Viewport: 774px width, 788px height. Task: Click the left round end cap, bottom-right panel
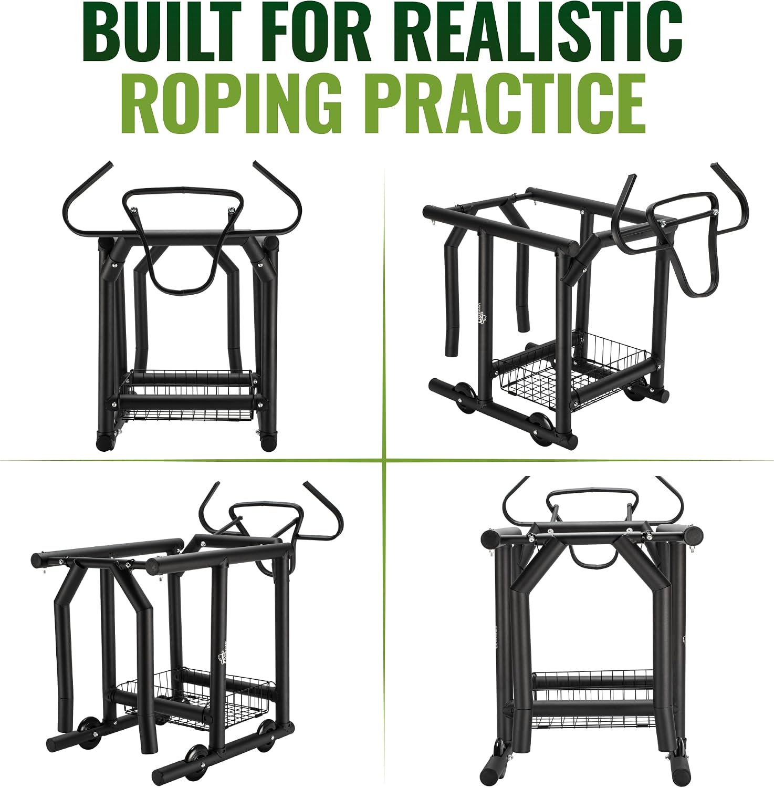click(492, 538)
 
